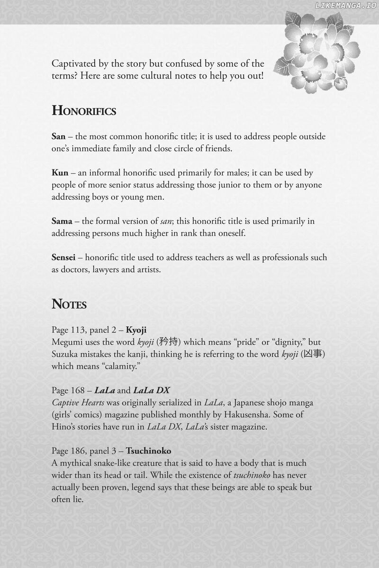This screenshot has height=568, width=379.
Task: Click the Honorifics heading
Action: click(84, 111)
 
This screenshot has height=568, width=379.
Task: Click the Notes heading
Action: click(69, 304)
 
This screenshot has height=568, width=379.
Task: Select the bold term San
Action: click(58, 136)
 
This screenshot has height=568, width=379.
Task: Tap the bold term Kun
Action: click(60, 173)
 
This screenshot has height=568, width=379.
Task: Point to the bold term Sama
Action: click(62, 221)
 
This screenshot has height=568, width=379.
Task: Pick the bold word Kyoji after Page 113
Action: click(136, 330)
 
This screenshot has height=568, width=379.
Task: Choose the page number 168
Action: click(79, 390)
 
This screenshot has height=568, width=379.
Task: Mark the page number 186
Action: click(79, 451)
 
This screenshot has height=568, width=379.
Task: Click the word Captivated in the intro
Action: click(74, 63)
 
